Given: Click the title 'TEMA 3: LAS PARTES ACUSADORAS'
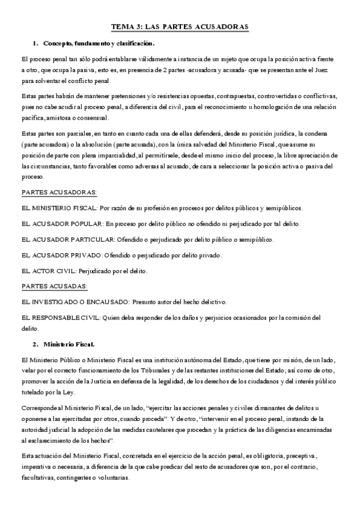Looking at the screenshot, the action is (x=180, y=28).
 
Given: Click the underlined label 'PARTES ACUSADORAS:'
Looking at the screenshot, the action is (x=59, y=192).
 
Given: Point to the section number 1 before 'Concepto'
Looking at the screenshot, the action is (x=35, y=43).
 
